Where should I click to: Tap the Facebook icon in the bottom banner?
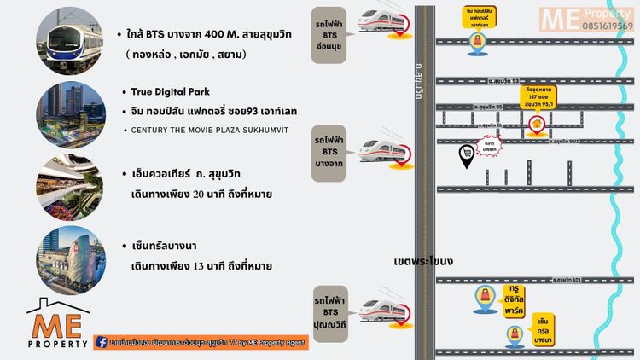102,341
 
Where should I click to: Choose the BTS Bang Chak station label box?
329,154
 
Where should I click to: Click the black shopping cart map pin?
467,155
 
